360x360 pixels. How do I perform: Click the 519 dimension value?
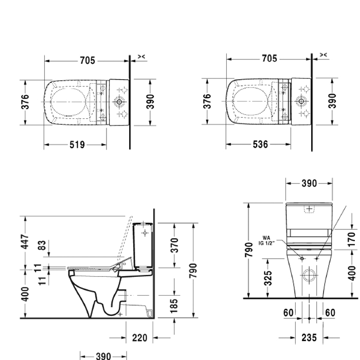pyautogui.click(x=77, y=145)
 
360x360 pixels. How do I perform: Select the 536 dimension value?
pyautogui.click(x=261, y=145)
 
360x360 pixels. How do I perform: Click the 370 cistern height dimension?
pyautogui.click(x=174, y=245)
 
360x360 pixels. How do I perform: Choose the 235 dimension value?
pyautogui.click(x=309, y=338)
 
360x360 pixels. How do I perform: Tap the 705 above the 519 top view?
pyautogui.click(x=87, y=60)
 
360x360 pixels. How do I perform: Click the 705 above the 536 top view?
pyautogui.click(x=269, y=59)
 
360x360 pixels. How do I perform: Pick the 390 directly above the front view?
pyautogui.click(x=309, y=183)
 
